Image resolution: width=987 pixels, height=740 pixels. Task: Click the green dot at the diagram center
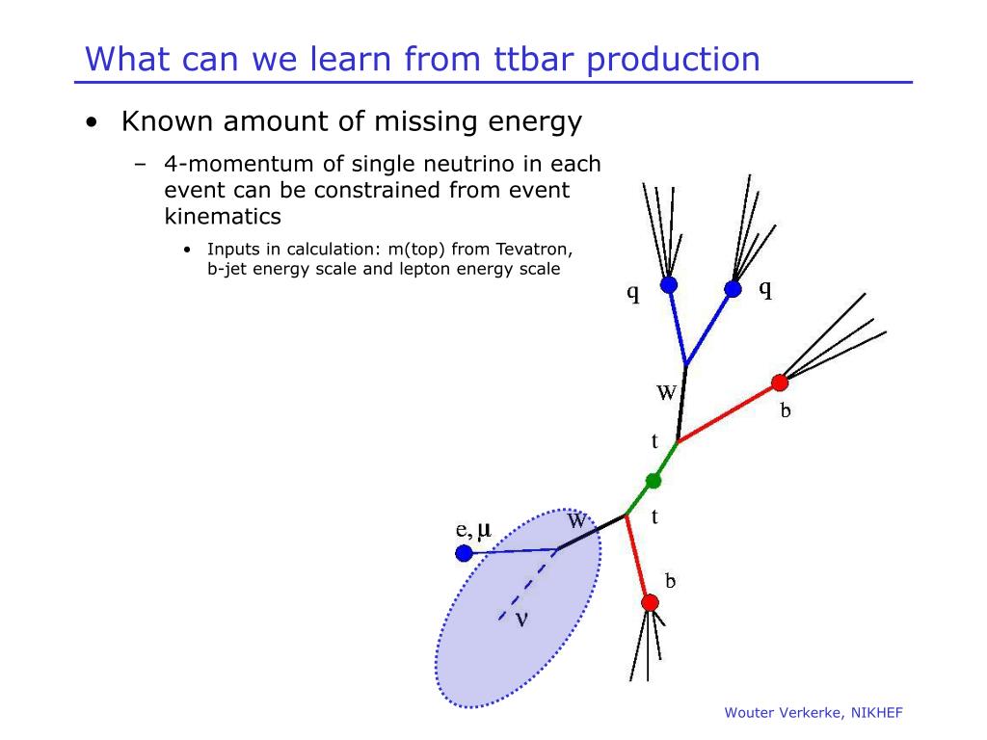(654, 482)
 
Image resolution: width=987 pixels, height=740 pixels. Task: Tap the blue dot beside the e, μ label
(464, 553)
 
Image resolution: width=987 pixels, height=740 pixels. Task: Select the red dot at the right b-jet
(780, 382)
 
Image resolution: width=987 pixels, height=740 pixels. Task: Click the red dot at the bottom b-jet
(650, 603)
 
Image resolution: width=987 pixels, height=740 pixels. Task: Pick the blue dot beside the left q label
(669, 285)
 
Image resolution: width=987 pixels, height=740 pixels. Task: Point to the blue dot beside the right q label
(733, 289)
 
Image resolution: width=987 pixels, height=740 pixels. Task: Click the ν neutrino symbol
(521, 620)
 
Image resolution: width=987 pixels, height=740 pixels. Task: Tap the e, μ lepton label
(473, 530)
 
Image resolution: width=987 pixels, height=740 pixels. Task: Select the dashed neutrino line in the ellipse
(527, 585)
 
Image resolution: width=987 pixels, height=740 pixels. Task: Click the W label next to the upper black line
(666, 393)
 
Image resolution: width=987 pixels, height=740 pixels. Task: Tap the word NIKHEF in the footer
(877, 713)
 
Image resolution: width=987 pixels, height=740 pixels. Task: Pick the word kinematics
(223, 217)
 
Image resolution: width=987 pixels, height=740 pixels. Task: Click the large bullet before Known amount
(93, 122)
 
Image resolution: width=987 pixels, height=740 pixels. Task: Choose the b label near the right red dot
(786, 410)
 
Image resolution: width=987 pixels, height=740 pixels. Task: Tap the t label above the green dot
(654, 441)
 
